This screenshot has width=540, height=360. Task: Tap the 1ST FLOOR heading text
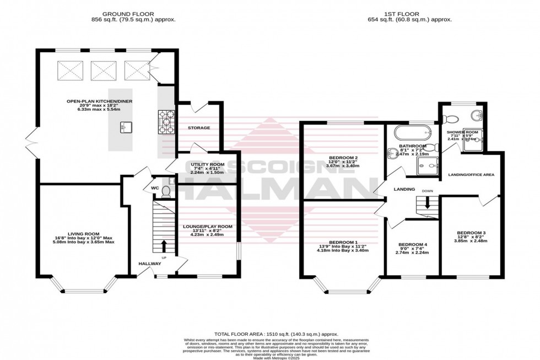[x=409, y=13]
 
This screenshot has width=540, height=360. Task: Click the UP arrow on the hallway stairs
[x=164, y=244]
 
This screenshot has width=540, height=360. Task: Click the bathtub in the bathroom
[x=409, y=132]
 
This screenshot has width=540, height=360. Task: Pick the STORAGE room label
[x=198, y=128]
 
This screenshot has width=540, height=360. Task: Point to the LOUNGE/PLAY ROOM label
[x=208, y=227]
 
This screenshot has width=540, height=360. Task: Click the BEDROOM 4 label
[x=412, y=244]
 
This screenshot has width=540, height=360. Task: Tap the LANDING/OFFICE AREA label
[x=471, y=175]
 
